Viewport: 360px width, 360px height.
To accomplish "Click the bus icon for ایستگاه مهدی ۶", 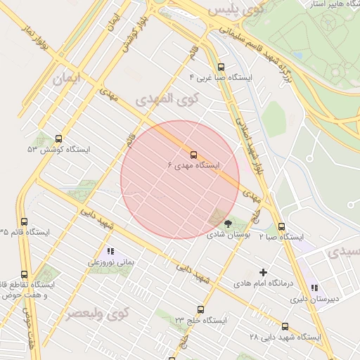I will pyautogui.click(x=193, y=154).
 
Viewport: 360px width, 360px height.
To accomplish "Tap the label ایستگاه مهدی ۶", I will pyautogui.click(x=193, y=165).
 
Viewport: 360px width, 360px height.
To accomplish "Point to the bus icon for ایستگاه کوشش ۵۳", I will pyautogui.click(x=58, y=139).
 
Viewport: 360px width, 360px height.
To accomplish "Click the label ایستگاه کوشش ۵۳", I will pyautogui.click(x=58, y=150).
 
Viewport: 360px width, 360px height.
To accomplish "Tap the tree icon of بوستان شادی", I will pyautogui.click(x=229, y=223).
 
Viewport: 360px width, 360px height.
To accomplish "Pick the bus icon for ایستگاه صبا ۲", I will pyautogui.click(x=281, y=226).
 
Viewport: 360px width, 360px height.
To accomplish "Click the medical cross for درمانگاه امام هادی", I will pyautogui.click(x=264, y=272).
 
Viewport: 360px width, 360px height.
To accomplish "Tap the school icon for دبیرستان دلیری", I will pyautogui.click(x=314, y=288).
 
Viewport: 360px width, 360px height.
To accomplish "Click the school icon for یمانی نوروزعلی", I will pyautogui.click(x=110, y=250).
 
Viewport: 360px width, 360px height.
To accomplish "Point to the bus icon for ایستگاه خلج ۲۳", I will pyautogui.click(x=201, y=309).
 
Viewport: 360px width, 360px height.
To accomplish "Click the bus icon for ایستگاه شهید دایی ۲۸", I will pyautogui.click(x=285, y=326).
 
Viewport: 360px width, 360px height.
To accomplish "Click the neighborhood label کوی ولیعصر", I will pyautogui.click(x=94, y=314).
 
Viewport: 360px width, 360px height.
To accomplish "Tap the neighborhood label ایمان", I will pyautogui.click(x=67, y=79).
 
